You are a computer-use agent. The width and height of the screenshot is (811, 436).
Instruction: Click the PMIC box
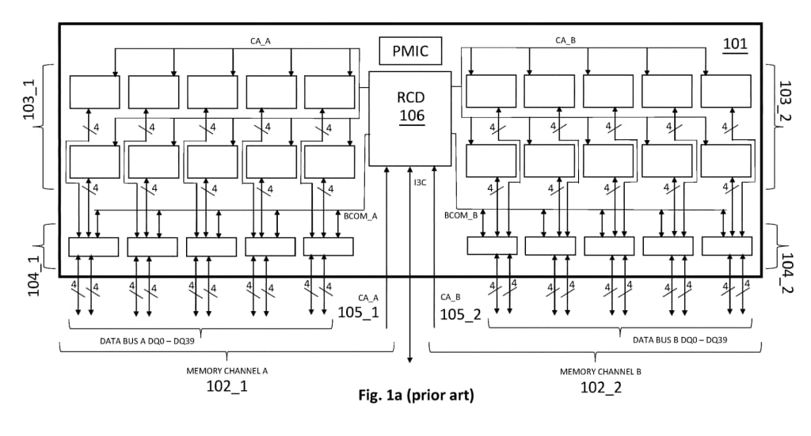click(410, 52)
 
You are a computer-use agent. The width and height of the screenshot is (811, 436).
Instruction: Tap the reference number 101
click(735, 44)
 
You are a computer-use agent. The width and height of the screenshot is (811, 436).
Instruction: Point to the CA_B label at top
click(565, 40)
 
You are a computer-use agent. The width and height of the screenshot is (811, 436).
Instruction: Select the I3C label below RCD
click(420, 183)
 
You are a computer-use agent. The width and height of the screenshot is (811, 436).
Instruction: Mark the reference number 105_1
click(359, 313)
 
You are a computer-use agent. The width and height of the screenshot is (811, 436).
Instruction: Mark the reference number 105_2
click(461, 313)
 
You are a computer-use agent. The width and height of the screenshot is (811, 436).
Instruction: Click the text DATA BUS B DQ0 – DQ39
click(680, 339)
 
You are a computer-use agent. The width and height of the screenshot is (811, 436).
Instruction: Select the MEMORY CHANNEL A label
click(227, 370)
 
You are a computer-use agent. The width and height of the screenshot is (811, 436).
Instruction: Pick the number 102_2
click(600, 388)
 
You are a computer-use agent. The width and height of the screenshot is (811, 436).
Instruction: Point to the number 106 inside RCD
click(411, 116)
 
